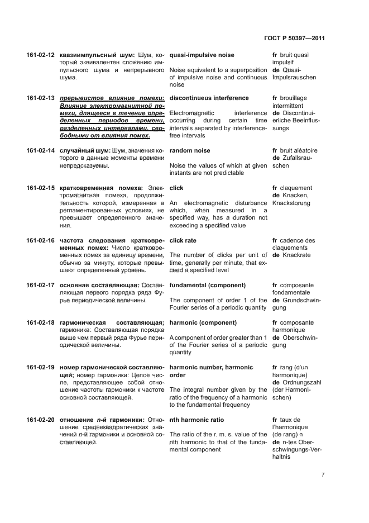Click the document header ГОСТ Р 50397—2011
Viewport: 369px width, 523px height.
(x=294, y=39)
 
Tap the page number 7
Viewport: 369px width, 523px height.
(x=323, y=475)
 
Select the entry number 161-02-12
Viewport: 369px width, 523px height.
(x=40, y=55)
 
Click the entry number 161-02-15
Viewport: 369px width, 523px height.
(x=40, y=188)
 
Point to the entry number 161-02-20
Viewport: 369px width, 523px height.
(x=40, y=420)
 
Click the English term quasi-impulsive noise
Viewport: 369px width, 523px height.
(x=202, y=55)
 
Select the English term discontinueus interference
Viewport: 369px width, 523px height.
(x=209, y=98)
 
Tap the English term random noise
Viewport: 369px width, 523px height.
(x=190, y=150)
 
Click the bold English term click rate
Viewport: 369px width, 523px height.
(x=183, y=241)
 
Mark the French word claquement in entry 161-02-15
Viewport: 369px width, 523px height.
(x=298, y=188)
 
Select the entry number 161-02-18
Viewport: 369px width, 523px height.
(x=40, y=323)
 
